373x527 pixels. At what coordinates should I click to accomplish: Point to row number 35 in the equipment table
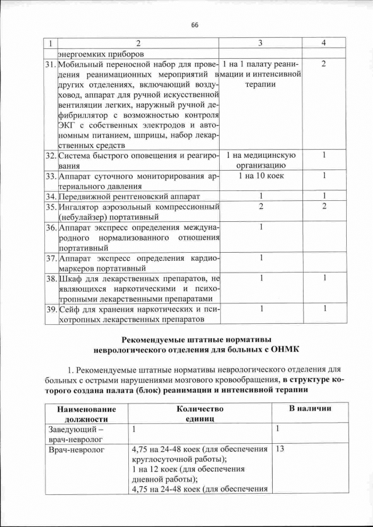50,207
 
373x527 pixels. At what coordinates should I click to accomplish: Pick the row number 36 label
50,227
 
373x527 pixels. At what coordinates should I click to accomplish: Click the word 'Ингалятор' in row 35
81,207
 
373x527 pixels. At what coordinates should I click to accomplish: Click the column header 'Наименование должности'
86,413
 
